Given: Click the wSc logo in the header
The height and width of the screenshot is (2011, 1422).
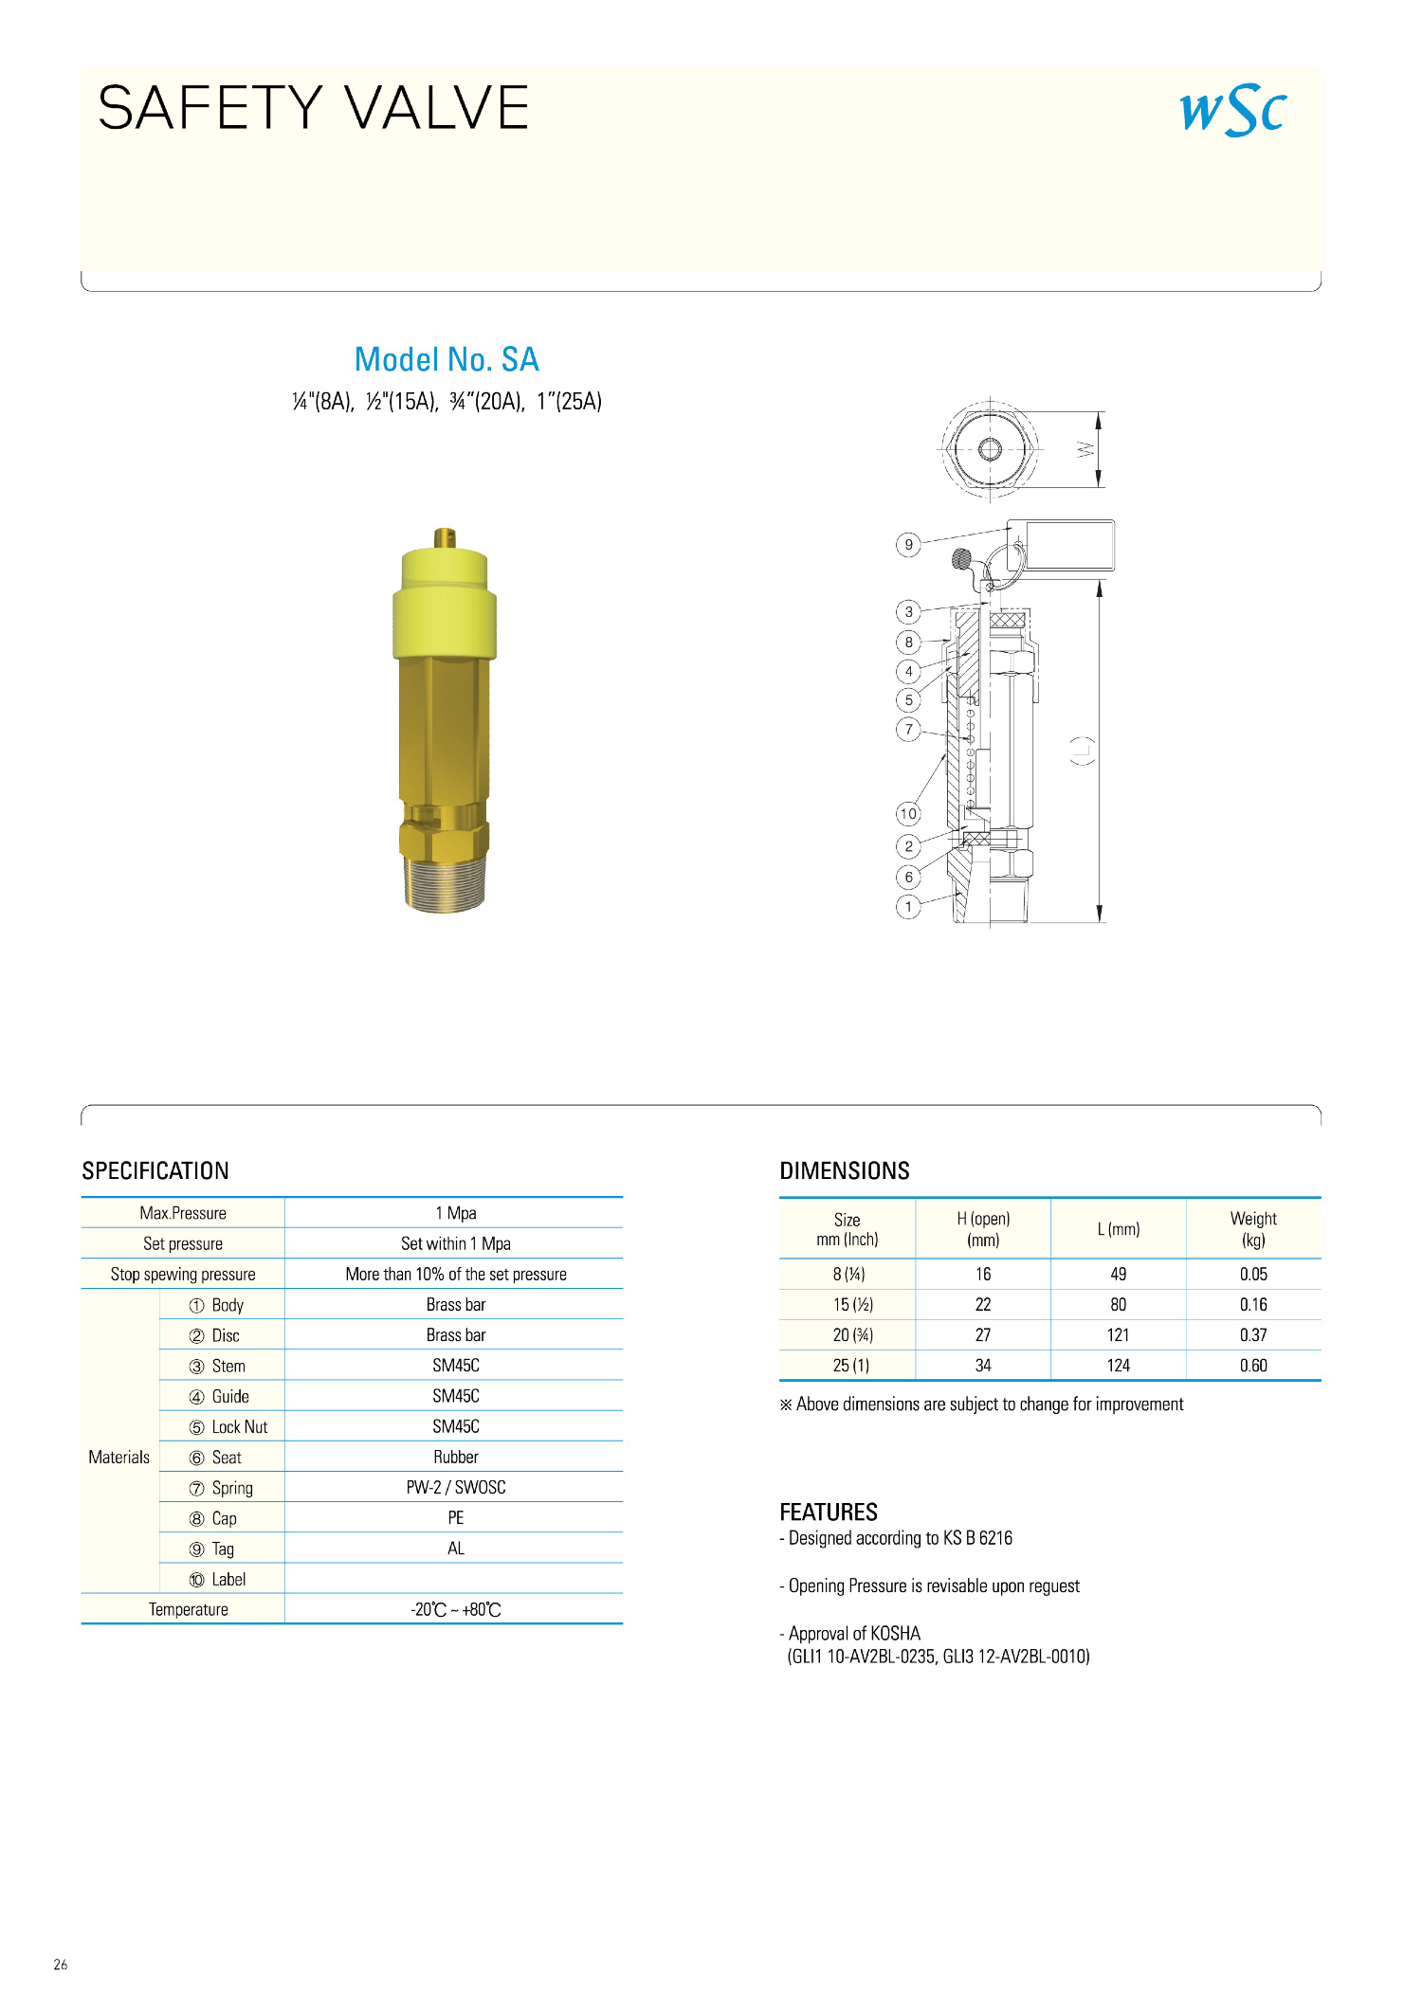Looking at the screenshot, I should (1232, 111).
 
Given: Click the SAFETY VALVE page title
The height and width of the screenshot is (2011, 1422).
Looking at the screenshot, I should (313, 107).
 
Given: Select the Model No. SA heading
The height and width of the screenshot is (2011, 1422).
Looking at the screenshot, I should (447, 359).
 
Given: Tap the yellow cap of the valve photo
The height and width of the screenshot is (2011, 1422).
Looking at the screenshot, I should (445, 607).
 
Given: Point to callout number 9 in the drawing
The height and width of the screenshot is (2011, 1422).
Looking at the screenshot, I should (908, 545).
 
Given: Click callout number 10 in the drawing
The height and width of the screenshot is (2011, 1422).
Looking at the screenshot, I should (908, 813).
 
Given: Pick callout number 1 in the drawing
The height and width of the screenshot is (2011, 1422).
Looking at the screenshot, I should (908, 907).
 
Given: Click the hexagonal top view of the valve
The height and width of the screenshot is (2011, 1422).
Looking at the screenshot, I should (990, 448).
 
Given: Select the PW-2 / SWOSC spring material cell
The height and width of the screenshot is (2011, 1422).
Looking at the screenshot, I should (455, 1487).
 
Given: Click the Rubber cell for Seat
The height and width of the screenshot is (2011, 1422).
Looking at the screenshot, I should (455, 1457).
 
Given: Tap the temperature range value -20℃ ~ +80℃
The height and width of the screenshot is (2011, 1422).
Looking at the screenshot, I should (455, 1609).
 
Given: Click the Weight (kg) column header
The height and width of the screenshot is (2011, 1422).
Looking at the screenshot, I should (1252, 1229).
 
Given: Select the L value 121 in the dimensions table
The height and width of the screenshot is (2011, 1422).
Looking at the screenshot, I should (1118, 1334).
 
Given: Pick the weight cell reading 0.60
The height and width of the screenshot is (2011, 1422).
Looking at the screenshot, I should (1252, 1365).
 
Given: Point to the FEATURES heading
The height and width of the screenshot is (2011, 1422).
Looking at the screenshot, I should (829, 1512).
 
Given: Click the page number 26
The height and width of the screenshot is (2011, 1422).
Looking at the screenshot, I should (61, 1965).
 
